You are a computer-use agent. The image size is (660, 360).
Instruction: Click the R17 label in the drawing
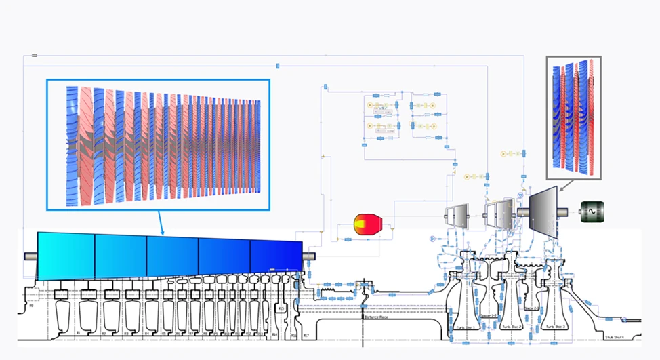[x=306, y=335]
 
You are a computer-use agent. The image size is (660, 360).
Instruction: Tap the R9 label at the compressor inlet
[x=30, y=306]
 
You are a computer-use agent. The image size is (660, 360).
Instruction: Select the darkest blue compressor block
[x=276, y=256]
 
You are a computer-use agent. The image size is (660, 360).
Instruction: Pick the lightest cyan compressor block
[x=66, y=255]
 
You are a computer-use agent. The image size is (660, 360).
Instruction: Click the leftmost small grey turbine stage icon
[x=456, y=216]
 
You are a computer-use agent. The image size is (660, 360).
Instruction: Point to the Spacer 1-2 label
[x=488, y=317]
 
